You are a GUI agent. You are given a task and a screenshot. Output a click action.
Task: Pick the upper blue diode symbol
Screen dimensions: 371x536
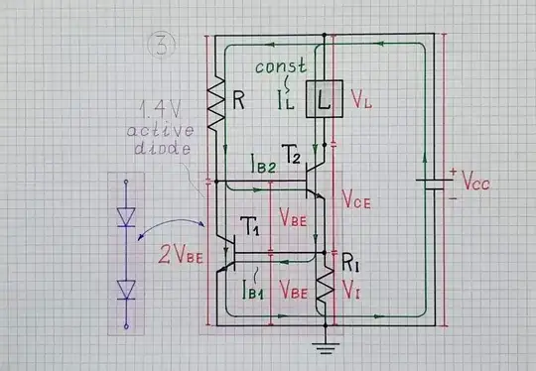pos(126,218)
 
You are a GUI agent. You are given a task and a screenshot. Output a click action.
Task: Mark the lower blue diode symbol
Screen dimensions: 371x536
pos(126,288)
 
